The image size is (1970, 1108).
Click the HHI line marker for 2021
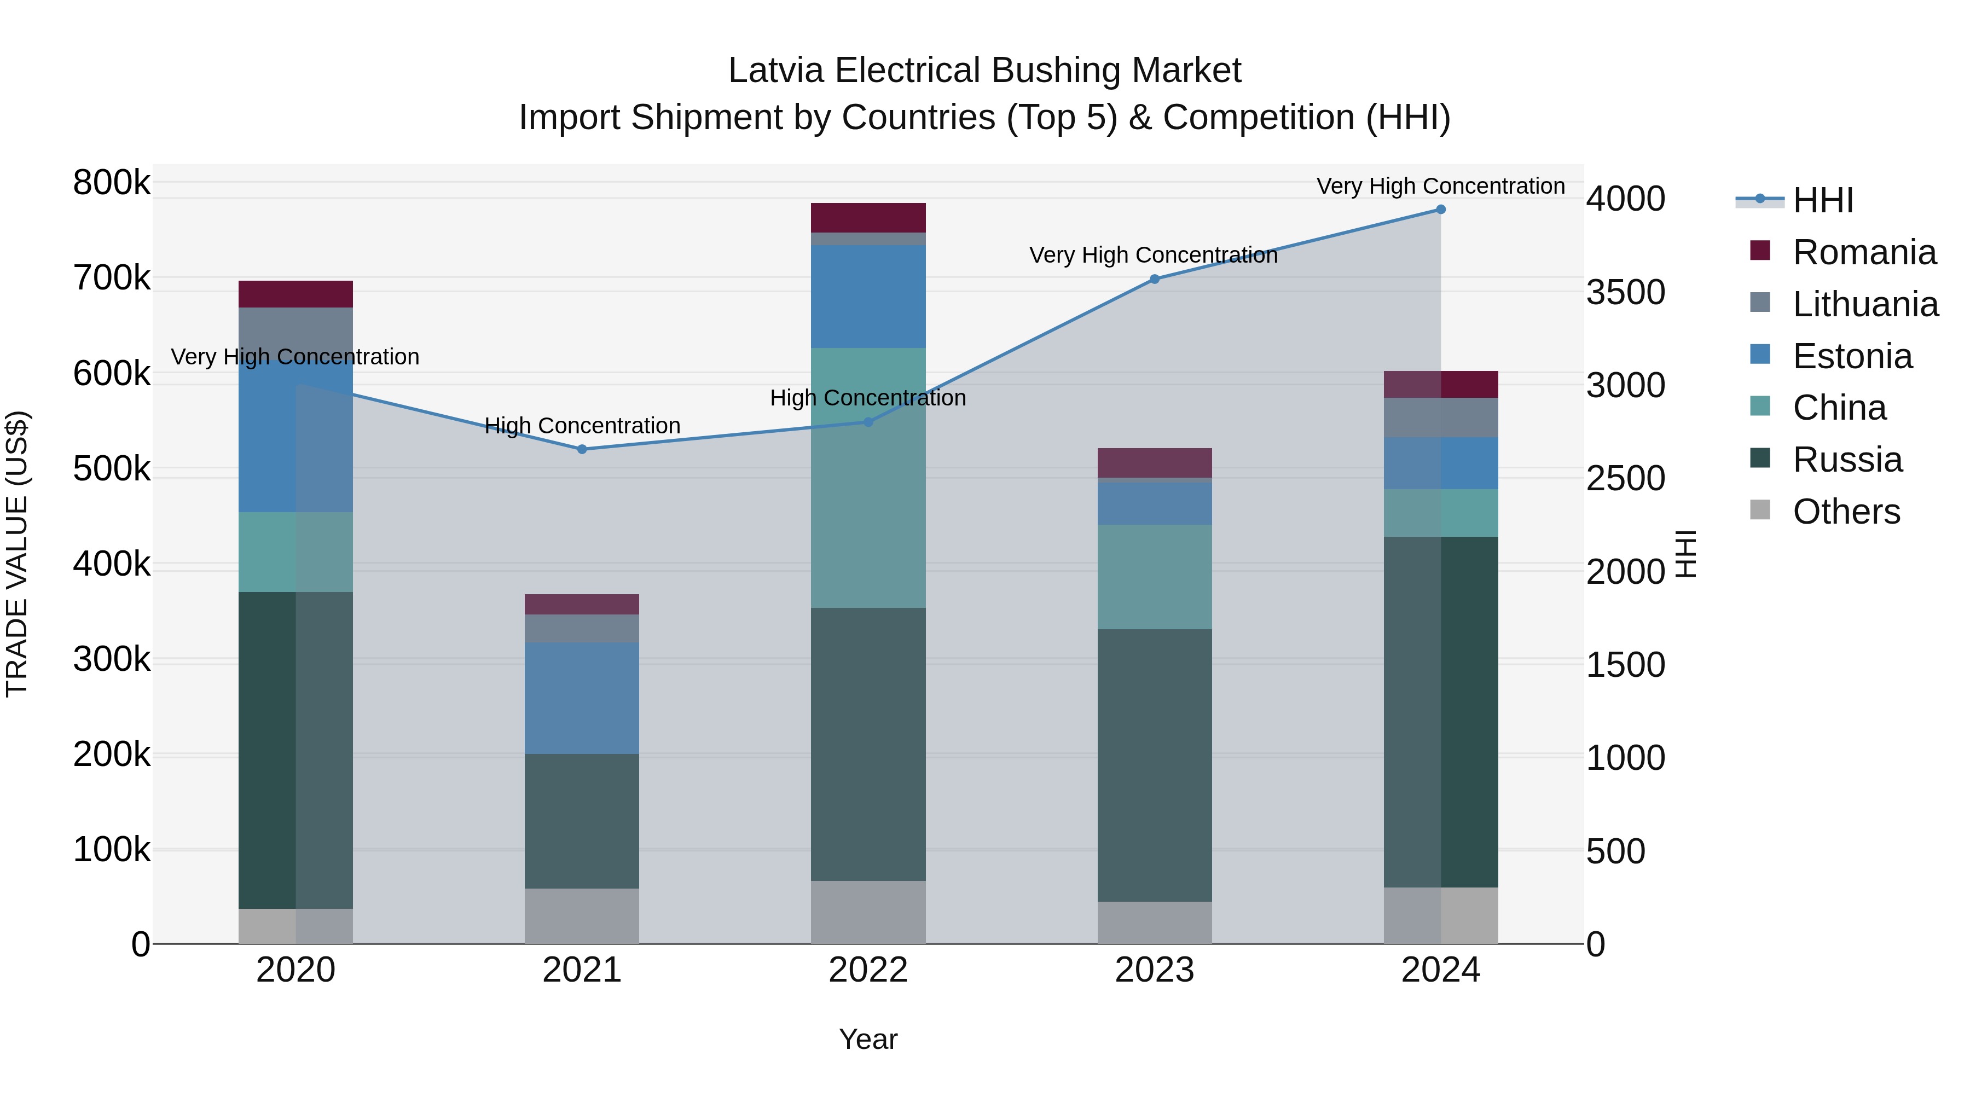tap(582, 450)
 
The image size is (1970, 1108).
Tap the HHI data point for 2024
tap(1441, 210)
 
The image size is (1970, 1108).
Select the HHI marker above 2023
tap(1155, 279)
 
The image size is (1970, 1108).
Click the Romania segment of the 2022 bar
tap(868, 218)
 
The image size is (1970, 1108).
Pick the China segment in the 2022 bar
tap(868, 478)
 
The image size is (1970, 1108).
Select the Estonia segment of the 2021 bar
tap(582, 698)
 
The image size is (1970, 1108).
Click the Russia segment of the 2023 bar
tap(1155, 765)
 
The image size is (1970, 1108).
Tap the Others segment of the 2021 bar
tap(582, 915)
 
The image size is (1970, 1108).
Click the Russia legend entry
tap(1847, 460)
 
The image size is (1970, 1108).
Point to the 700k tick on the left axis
tap(112, 279)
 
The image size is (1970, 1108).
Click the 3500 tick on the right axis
tap(1626, 292)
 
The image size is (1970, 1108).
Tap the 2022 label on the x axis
tap(868, 970)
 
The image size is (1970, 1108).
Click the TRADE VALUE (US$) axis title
tap(17, 554)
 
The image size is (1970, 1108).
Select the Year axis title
tap(868, 1039)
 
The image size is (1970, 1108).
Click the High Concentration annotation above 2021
tap(582, 425)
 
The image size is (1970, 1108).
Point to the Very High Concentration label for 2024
tap(1441, 186)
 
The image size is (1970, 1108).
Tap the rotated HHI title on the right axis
tap(1685, 554)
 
